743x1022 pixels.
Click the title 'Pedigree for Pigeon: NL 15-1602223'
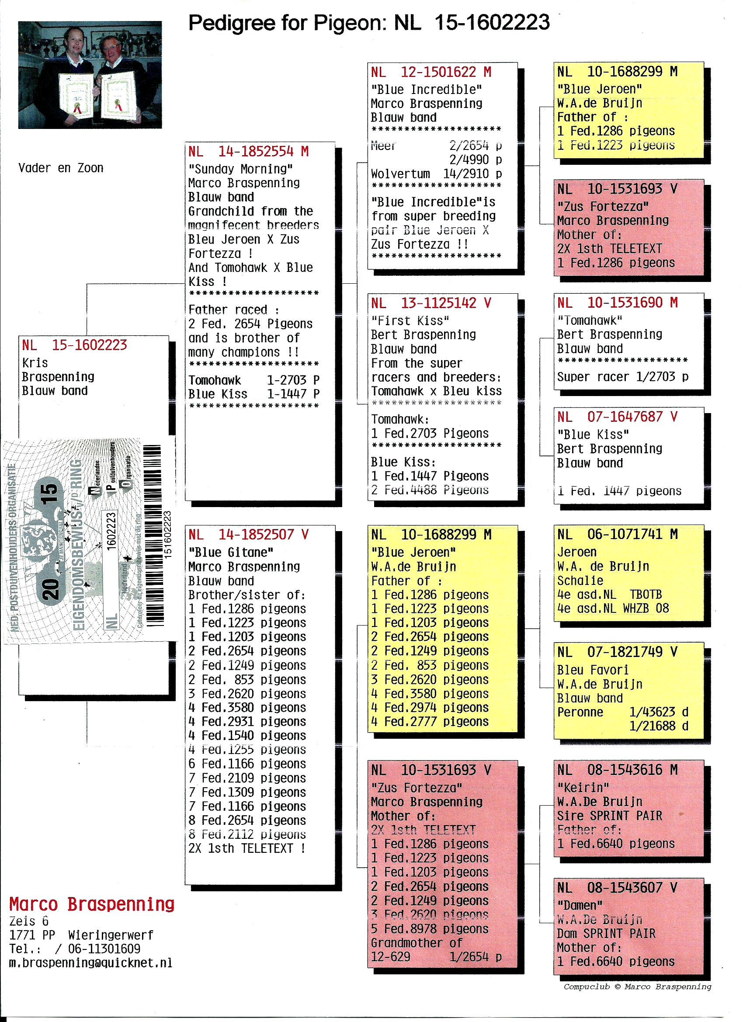coord(368,23)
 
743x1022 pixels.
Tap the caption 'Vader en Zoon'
coord(61,168)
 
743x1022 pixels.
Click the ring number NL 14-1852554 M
coord(248,151)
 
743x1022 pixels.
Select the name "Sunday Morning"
coord(241,169)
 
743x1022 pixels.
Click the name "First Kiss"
coord(410,321)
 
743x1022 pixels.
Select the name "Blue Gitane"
coord(231,553)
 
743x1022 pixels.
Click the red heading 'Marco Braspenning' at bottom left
coord(92,904)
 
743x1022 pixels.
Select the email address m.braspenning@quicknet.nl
coord(90,963)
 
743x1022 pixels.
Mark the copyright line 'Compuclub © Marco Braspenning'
coord(637,987)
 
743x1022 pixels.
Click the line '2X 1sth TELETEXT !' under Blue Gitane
coord(247,848)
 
